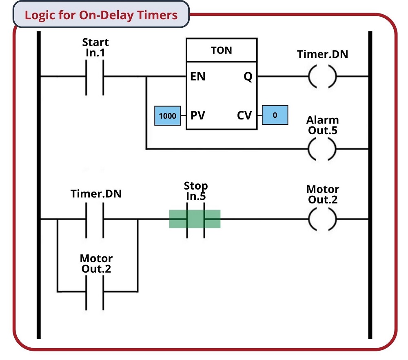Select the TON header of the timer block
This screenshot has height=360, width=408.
pos(222,50)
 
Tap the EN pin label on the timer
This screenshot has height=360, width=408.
pos(198,77)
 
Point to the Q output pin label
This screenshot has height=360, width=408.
pos(248,77)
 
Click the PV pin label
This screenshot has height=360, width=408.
pos(198,115)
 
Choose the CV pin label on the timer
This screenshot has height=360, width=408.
pos(244,115)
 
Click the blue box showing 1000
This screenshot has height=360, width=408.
pos(167,116)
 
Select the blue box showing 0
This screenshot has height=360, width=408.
pos(275,115)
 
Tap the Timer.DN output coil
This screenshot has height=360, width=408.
pos(322,76)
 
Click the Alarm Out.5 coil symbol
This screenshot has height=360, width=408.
pos(322,149)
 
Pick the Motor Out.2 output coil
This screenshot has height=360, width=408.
pos(322,219)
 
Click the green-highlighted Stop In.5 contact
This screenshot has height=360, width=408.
pos(195,219)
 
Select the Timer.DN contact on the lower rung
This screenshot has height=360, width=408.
pos(95,219)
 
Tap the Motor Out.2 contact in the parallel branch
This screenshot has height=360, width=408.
pos(95,292)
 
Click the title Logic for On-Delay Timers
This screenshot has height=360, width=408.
pos(101,15)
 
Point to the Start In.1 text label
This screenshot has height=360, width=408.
pos(95,47)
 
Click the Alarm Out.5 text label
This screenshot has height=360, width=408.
pos(322,125)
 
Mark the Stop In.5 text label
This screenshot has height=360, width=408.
pos(196,191)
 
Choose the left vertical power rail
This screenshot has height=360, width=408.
pos(39,183)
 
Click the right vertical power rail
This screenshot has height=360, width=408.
pos(370,183)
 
